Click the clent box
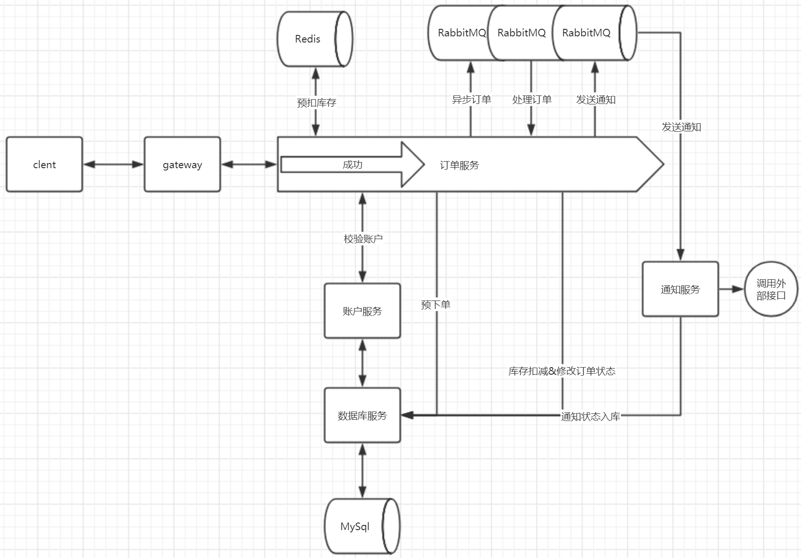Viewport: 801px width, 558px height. coord(44,164)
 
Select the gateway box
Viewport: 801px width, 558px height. coord(182,164)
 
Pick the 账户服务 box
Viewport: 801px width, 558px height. coord(362,311)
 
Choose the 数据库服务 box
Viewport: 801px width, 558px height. coord(362,415)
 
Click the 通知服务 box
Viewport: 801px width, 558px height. coord(680,289)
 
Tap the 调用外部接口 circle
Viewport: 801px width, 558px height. coord(771,289)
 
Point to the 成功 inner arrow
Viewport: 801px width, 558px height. coord(353,164)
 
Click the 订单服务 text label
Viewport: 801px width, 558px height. coord(459,165)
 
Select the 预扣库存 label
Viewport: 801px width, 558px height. coord(316,103)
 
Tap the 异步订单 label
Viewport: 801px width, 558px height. coord(471,99)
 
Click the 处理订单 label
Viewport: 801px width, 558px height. coord(532,99)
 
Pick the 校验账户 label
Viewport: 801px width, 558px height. coord(363,239)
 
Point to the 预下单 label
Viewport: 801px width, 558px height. coord(435,305)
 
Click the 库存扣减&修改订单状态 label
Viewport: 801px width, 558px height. coord(562,371)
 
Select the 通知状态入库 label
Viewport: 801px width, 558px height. coord(590,416)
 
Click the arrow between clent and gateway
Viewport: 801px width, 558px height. coord(113,164)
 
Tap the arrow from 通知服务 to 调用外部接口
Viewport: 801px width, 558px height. coord(731,289)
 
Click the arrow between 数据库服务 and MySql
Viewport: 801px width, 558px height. coord(362,470)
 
